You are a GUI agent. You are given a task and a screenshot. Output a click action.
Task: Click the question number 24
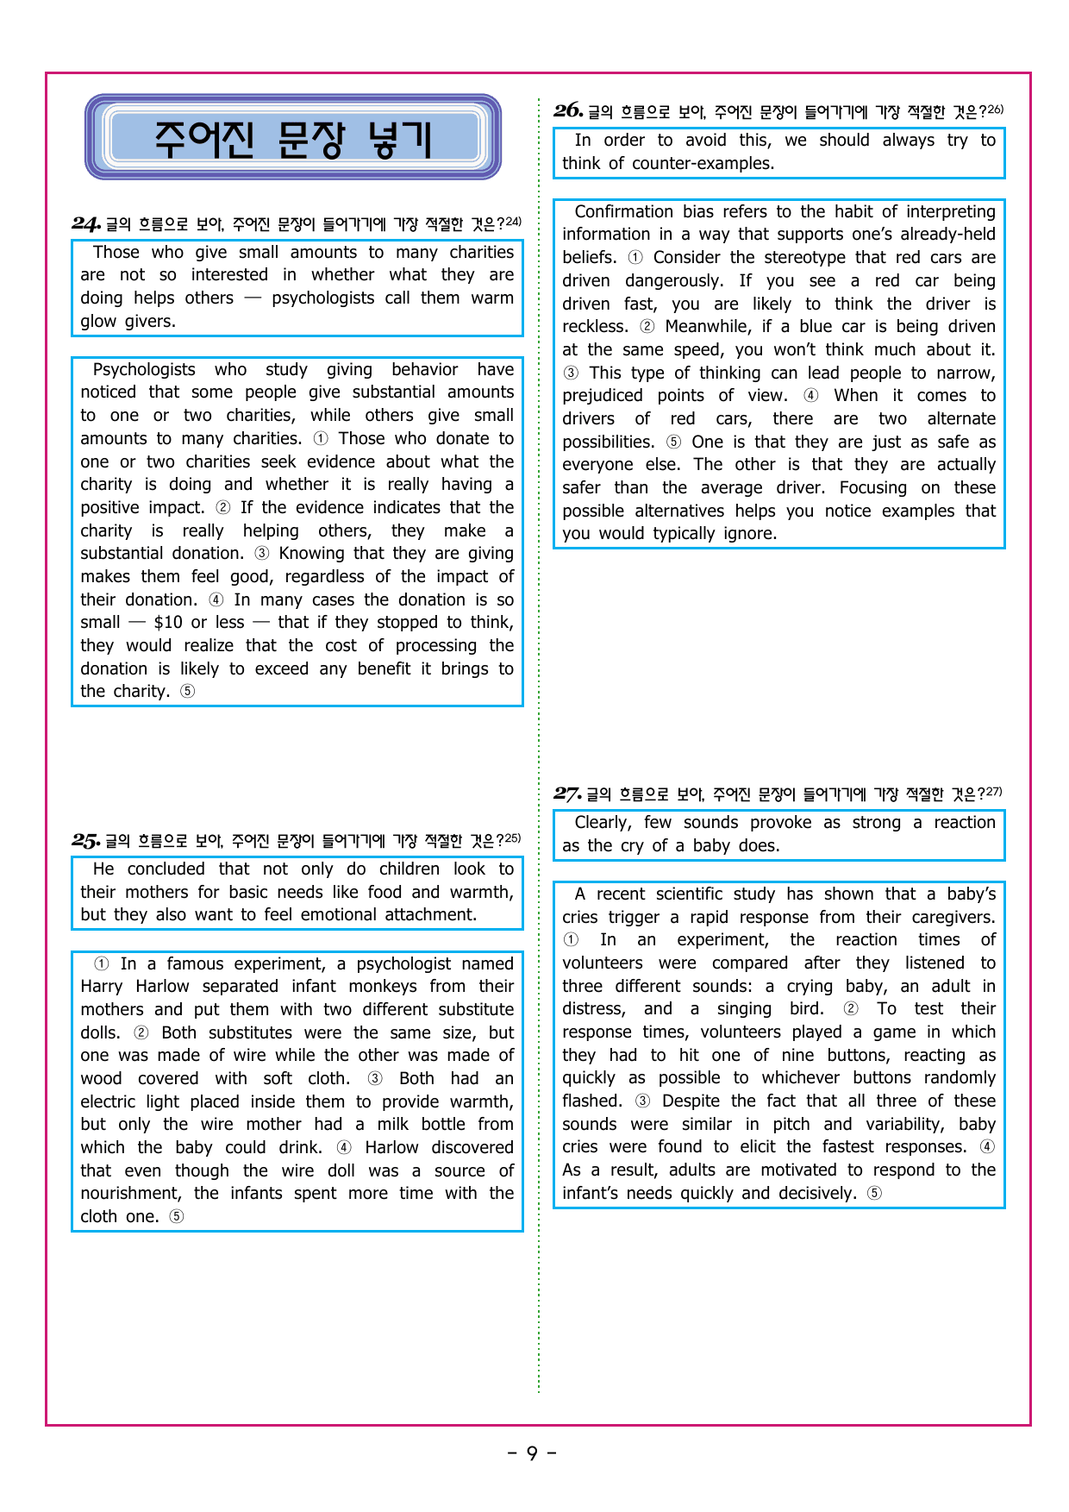coord(87,224)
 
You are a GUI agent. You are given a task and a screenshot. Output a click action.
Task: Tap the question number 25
coord(86,840)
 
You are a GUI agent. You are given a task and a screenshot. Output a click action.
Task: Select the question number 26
coord(569,110)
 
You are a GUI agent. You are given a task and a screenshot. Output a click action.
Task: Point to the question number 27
coord(567,794)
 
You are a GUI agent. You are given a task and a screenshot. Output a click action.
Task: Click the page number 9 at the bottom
coord(532,1453)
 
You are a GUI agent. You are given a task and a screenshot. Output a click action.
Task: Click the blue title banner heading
coord(293,138)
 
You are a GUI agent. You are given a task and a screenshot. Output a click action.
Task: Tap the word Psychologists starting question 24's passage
coord(144,370)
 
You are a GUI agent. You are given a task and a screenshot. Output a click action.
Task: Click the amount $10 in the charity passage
coord(168,623)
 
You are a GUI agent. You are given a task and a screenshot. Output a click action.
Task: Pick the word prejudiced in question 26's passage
coord(603,396)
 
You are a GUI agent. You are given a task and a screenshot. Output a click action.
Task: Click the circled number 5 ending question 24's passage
coord(188,692)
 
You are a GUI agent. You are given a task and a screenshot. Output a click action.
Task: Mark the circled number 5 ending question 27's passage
coord(874,1194)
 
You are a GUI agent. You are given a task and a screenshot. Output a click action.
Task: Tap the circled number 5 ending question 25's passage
coord(177,1217)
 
